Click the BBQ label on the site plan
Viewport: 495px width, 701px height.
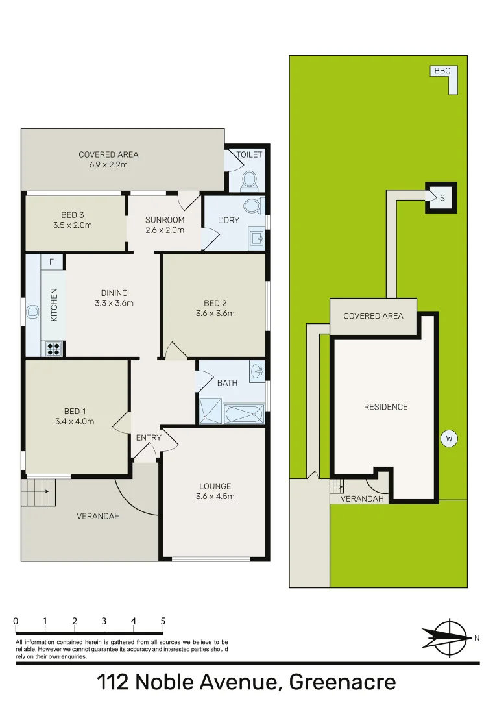(442, 71)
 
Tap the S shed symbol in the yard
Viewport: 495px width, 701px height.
(442, 198)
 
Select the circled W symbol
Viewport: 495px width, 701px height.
(448, 439)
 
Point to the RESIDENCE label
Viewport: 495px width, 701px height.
(385, 407)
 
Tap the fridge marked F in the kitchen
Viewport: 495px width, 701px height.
(52, 262)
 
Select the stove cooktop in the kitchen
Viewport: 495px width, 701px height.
(54, 349)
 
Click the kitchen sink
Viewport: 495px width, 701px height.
(33, 314)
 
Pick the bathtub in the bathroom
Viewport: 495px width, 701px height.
(244, 413)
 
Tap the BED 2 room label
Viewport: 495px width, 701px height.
(215, 303)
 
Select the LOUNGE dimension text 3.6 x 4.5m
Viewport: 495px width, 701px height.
(215, 497)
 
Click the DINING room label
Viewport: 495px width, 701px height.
(114, 293)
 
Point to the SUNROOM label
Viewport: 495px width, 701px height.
(165, 220)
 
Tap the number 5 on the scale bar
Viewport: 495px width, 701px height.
(163, 621)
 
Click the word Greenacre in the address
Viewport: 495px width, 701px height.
(342, 683)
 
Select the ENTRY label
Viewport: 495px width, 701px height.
(149, 438)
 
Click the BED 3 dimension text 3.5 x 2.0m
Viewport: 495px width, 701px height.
(73, 225)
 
